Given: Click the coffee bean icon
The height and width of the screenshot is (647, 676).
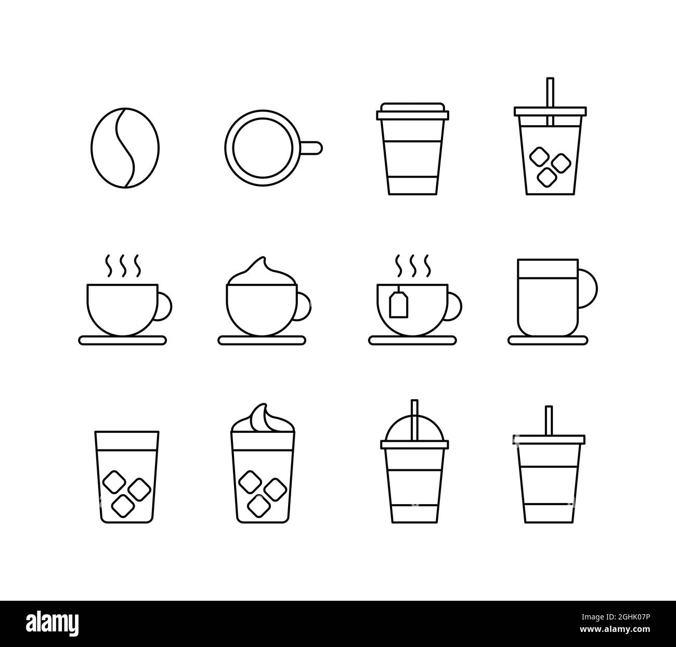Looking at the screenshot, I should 125,148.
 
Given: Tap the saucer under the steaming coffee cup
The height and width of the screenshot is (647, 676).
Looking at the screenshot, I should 123,340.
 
